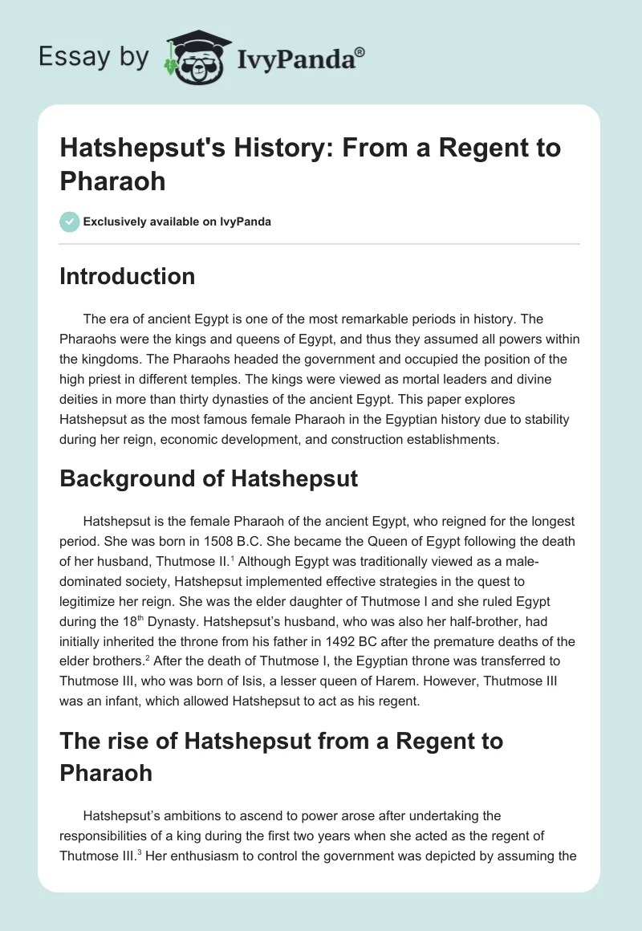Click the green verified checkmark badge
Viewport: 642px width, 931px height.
pos(70,222)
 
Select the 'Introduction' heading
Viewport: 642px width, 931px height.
pos(127,276)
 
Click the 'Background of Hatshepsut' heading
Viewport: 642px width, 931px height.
pos(208,479)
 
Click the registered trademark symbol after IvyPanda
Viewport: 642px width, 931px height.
pos(361,51)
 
